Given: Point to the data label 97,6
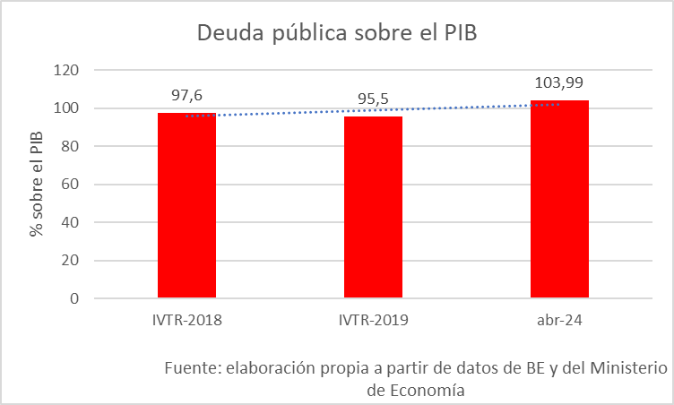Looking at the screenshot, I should [x=186, y=94].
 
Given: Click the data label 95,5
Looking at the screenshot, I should [x=373, y=98].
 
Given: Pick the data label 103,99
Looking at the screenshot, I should [x=559, y=82].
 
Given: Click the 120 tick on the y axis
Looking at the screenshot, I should [x=68, y=70].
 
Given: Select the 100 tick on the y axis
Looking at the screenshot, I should [x=68, y=108].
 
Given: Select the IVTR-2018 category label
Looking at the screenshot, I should [x=186, y=320].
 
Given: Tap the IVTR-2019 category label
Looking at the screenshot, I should [x=373, y=320].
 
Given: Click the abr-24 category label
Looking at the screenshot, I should [x=559, y=320].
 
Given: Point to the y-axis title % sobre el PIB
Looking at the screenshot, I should [x=37, y=185].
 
